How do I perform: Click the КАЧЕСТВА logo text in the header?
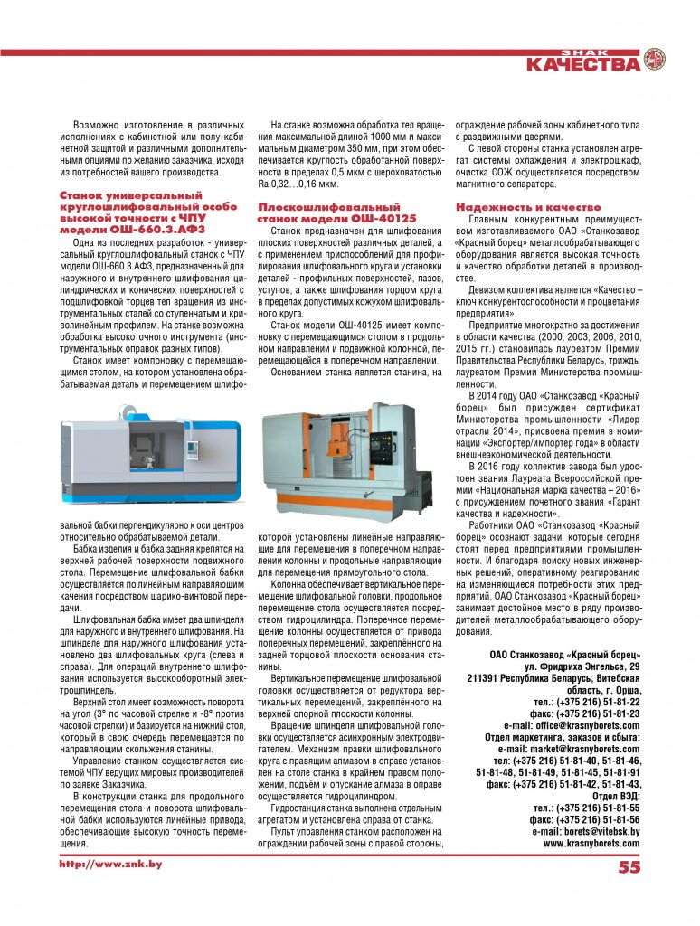click(582, 64)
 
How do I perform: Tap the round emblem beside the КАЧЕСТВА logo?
click(654, 60)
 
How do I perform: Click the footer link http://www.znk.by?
click(110, 865)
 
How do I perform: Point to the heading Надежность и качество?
click(516, 207)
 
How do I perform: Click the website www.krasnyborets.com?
click(591, 843)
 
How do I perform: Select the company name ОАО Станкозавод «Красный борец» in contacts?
click(565, 655)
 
